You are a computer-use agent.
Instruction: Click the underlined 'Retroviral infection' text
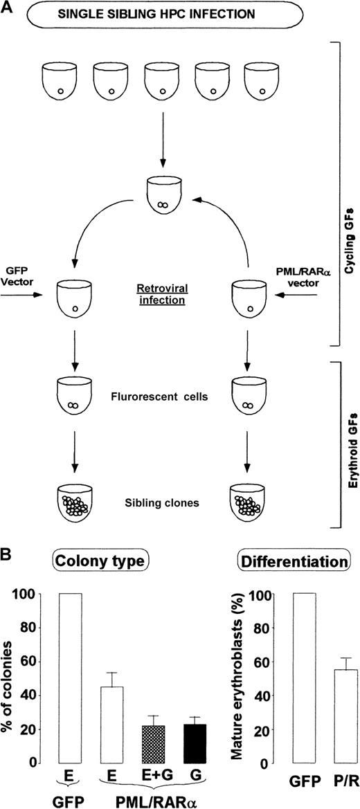pyautogui.click(x=160, y=287)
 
